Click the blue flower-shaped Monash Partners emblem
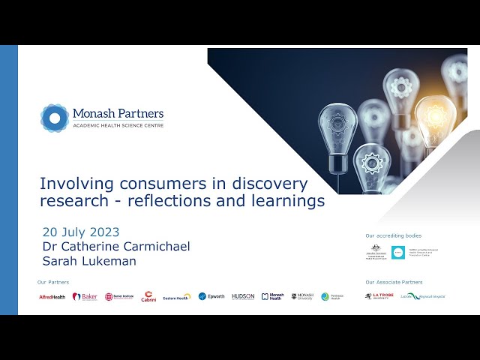tap(55, 118)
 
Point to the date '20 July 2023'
tap(81, 232)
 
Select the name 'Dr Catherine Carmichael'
tap(115, 246)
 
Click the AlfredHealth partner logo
tap(52, 297)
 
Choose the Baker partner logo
tap(85, 297)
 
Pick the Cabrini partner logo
tap(148, 296)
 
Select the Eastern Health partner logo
tap(177, 297)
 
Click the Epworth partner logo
tap(211, 297)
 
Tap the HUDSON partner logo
tap(243, 297)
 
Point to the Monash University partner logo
tap(302, 297)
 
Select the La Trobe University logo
tap(379, 296)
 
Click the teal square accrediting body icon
tap(397, 253)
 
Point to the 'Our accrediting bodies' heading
tap(393, 235)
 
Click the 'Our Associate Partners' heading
tap(394, 282)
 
